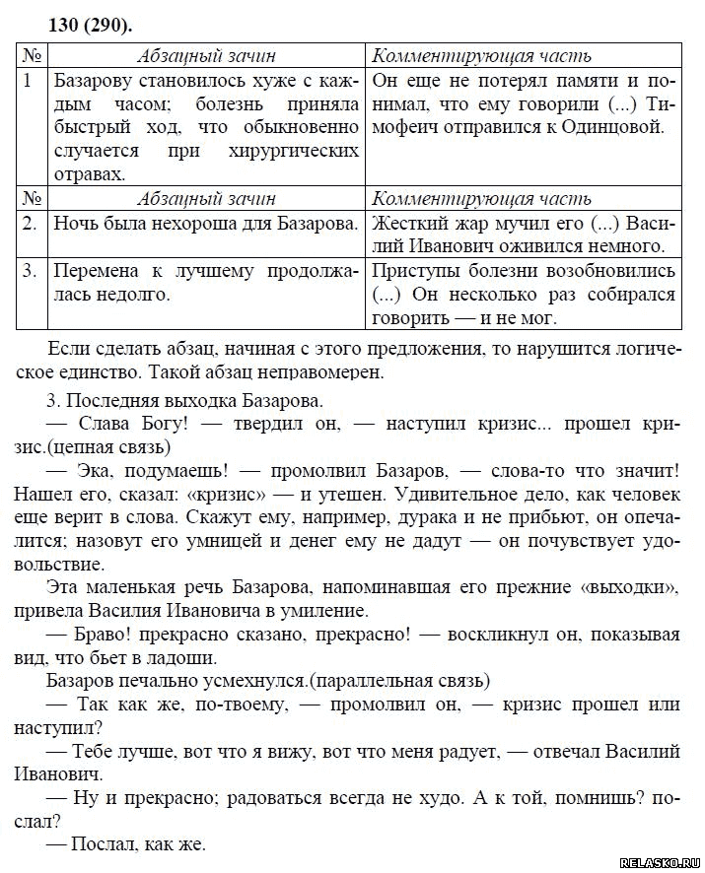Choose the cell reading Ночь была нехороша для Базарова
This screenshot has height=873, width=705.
click(204, 223)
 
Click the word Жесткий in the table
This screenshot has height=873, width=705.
click(414, 223)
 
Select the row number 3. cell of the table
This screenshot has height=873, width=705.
click(30, 270)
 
